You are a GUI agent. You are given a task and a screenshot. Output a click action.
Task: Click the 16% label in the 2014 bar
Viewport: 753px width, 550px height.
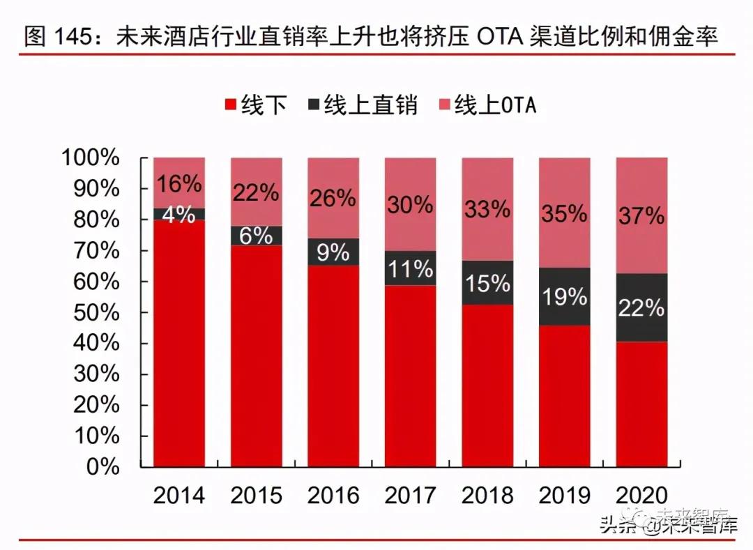click(179, 184)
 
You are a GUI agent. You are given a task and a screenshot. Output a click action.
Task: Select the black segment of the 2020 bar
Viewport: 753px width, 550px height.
click(642, 307)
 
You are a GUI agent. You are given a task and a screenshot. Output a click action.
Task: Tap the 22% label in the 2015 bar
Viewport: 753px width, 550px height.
click(256, 193)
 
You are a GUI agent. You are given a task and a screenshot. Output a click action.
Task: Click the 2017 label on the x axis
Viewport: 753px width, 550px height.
click(410, 495)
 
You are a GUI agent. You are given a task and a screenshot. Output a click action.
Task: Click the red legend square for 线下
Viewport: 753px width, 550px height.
click(230, 106)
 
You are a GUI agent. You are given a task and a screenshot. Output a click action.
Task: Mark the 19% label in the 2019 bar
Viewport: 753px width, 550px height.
click(564, 296)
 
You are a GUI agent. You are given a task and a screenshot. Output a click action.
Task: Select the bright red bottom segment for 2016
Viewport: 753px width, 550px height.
click(333, 366)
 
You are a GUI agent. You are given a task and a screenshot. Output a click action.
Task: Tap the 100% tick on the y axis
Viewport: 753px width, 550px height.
click(91, 158)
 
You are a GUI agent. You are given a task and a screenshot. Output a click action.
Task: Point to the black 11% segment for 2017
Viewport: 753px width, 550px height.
click(410, 268)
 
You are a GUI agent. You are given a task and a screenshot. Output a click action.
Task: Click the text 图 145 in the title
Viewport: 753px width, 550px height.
click(59, 36)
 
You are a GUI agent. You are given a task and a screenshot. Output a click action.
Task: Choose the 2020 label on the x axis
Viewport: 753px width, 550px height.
click(641, 495)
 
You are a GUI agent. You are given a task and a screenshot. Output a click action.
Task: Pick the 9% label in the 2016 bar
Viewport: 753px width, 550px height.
click(333, 252)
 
